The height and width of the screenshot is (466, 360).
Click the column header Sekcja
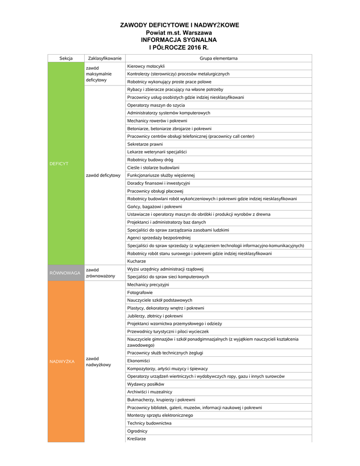(x=66, y=58)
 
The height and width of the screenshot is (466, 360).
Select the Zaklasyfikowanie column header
(x=105, y=58)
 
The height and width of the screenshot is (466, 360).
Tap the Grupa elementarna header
(x=218, y=58)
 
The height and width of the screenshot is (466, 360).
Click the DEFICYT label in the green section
(x=59, y=163)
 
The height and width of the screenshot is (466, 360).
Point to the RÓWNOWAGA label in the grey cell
(x=65, y=273)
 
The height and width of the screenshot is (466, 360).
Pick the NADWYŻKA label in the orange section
(x=62, y=361)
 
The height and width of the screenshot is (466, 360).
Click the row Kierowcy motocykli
(x=146, y=66)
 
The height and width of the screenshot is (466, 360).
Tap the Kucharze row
(x=137, y=261)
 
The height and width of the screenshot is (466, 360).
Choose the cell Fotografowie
(x=140, y=292)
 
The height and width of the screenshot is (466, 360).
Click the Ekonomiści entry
(x=138, y=360)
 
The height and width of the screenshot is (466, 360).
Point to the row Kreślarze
(x=137, y=439)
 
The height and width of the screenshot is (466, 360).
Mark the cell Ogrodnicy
(x=137, y=431)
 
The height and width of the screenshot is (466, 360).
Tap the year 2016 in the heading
(x=193, y=47)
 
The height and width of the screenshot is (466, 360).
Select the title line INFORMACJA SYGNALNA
(x=179, y=40)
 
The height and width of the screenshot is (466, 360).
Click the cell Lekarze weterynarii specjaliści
(x=157, y=152)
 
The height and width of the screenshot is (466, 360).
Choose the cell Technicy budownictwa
(x=149, y=423)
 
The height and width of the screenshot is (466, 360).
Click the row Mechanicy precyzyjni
(x=148, y=284)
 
